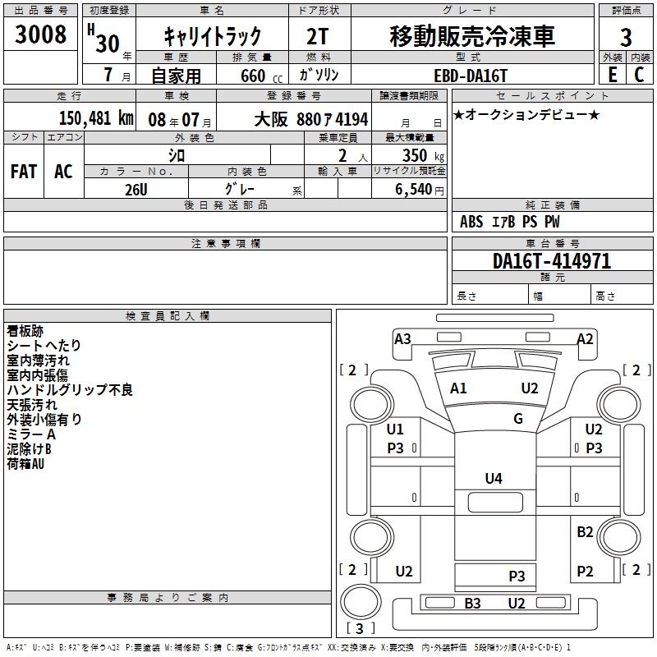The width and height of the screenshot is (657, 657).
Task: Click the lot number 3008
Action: [41, 35]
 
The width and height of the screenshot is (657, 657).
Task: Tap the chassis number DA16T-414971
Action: [552, 261]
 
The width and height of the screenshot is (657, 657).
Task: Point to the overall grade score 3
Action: [626, 37]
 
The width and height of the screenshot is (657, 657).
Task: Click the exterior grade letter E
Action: [613, 75]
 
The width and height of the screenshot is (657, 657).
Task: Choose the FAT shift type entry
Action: [23, 171]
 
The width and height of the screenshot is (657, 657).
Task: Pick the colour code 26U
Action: [136, 188]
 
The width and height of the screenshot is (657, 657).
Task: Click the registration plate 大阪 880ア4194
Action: [310, 119]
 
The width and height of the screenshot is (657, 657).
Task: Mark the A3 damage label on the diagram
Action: [402, 338]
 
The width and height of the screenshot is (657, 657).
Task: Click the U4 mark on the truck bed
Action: [493, 478]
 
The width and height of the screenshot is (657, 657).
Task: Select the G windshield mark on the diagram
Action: [518, 419]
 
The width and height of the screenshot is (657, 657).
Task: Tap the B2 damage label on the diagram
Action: [585, 532]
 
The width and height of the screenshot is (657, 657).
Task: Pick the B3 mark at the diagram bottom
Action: [472, 604]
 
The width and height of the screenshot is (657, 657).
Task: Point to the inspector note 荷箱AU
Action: [25, 464]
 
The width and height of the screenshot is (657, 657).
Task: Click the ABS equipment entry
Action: [471, 222]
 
